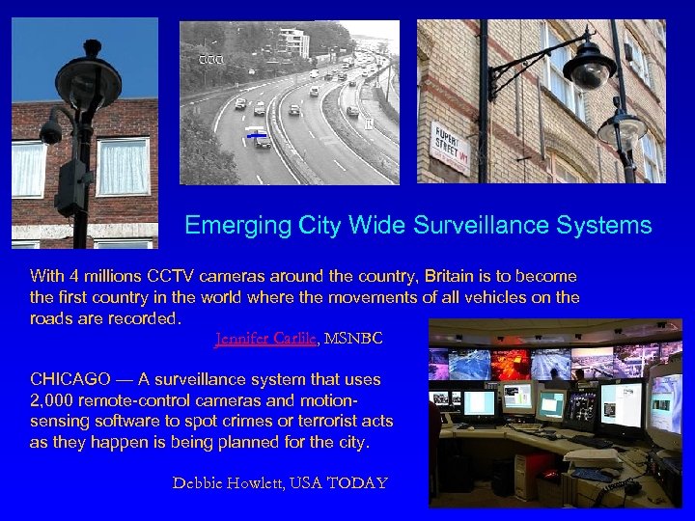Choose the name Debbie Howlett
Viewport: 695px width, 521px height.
tap(231, 481)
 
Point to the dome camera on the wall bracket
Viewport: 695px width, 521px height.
tap(588, 69)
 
